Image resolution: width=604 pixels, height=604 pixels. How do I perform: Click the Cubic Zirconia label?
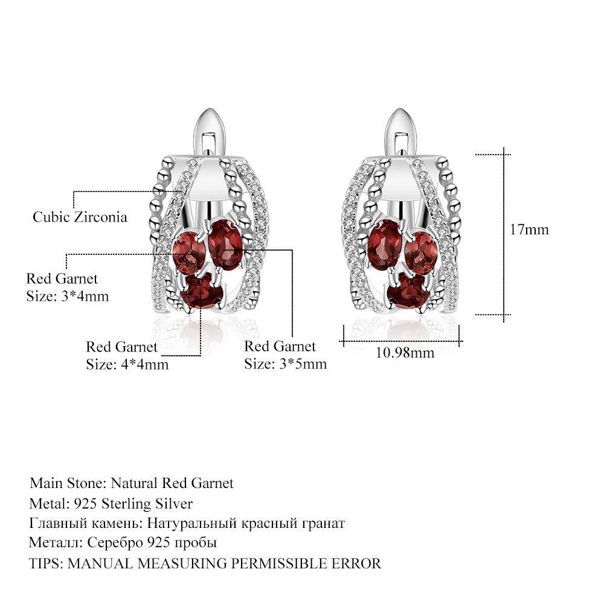coord(80,217)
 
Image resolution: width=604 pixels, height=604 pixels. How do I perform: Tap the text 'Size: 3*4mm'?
coord(68,296)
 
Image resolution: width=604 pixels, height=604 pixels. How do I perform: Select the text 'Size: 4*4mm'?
coord(127,364)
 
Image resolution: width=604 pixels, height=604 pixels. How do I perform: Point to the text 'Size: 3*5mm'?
coord(286,364)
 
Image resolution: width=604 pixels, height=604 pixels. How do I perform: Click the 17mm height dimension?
coord(529,230)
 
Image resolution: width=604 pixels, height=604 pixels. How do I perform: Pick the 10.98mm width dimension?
coord(405,353)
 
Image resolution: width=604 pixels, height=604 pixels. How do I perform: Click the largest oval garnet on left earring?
coord(226,244)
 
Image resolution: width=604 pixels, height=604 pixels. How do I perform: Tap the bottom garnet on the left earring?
coord(202,291)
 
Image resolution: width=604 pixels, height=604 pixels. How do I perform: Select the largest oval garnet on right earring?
coord(385,245)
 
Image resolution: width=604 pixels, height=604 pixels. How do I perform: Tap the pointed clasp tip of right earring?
coord(400,110)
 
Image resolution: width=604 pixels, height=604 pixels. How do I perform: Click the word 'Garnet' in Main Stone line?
coord(212,483)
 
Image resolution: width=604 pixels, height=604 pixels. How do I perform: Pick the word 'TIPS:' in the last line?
coord(46,564)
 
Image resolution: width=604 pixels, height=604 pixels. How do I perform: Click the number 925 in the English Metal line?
coord(85,504)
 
